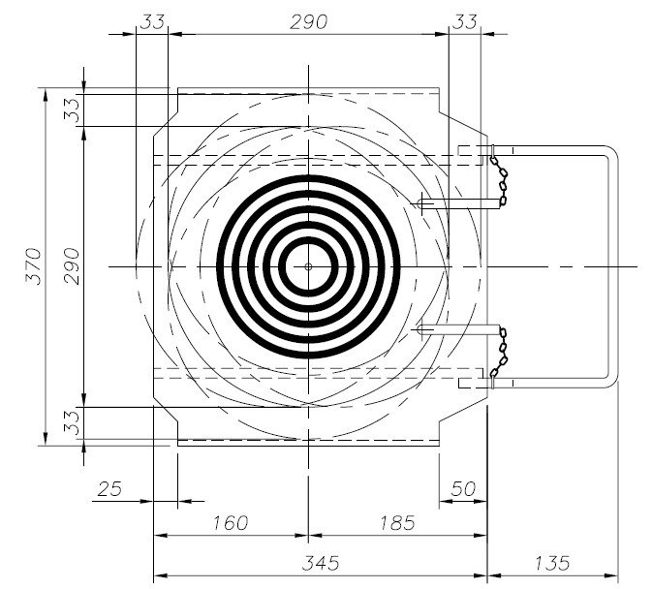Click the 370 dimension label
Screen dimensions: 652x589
(x=34, y=266)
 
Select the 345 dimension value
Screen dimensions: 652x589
(x=321, y=563)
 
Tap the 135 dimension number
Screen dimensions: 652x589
(x=551, y=563)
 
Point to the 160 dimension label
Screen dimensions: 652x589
(x=231, y=522)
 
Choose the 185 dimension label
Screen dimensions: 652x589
(x=397, y=522)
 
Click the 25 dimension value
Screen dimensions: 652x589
(x=109, y=489)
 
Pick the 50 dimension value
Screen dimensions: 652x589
(x=463, y=489)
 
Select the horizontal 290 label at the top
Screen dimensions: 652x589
(x=308, y=22)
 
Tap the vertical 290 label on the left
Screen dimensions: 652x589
(x=72, y=266)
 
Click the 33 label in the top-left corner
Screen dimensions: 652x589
(x=152, y=22)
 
